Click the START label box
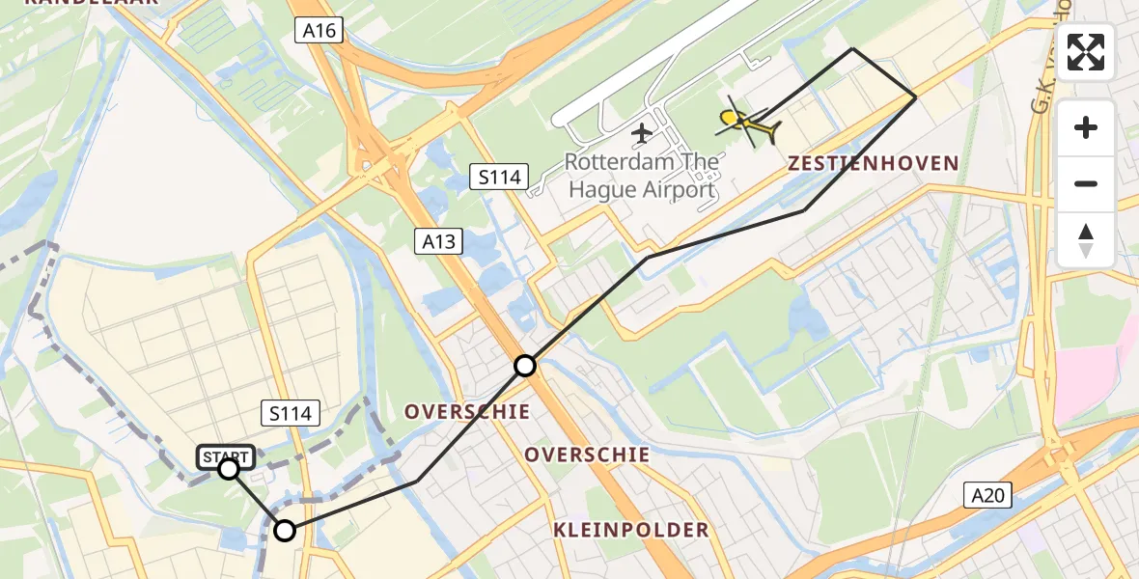point(226,455)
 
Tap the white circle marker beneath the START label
point(229,469)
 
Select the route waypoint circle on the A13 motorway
point(524,366)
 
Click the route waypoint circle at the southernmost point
point(285,530)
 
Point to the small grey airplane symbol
point(641,133)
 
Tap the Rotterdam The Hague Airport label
point(641,175)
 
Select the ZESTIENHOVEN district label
point(873,163)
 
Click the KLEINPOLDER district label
point(631,530)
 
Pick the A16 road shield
point(319,31)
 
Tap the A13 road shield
point(441,240)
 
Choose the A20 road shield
point(988,496)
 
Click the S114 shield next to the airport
point(499,177)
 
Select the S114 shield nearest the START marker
point(291,414)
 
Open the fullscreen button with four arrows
point(1086,52)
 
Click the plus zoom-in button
point(1086,127)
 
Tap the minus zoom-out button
point(1086,183)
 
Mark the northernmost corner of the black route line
point(852,48)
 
